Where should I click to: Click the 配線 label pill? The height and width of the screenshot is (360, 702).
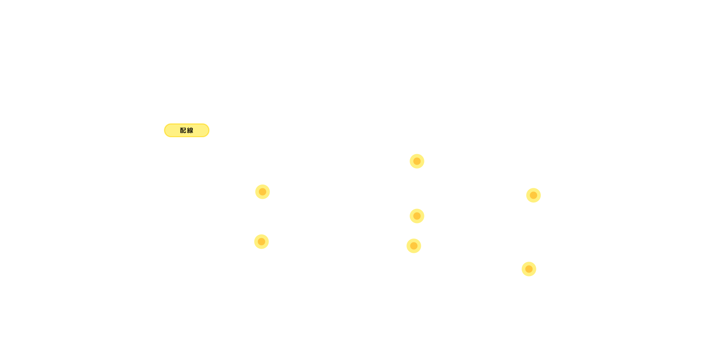click(187, 130)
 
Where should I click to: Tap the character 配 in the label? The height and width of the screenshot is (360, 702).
click(183, 130)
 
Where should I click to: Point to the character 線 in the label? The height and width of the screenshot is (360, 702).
click(190, 130)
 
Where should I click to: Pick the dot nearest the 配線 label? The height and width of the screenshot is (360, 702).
click(263, 192)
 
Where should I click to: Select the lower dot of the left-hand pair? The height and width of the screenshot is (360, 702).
click(261, 242)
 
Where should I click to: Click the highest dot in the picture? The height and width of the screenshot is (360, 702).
click(417, 161)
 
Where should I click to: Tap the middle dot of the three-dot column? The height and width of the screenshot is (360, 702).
click(417, 216)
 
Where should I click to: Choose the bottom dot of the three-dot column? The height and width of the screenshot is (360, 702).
click(414, 246)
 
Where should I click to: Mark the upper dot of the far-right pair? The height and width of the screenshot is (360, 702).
click(534, 195)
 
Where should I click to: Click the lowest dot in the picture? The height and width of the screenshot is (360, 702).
click(529, 269)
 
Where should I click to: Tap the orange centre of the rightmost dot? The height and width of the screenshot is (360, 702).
click(534, 195)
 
